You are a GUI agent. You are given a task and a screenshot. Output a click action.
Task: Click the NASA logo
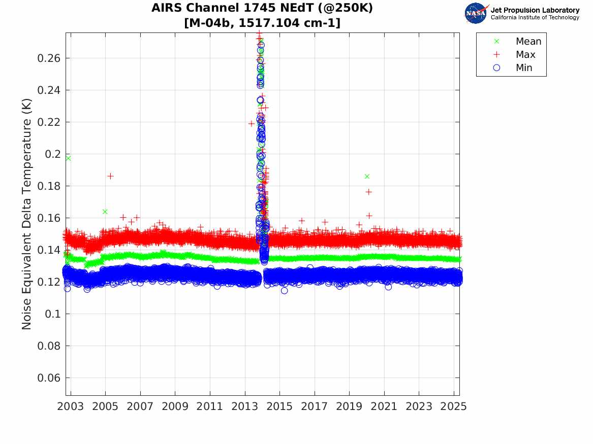tap(476, 13)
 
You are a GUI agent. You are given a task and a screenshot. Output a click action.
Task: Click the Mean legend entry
tap(528, 42)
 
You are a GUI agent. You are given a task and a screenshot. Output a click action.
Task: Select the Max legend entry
tap(525, 55)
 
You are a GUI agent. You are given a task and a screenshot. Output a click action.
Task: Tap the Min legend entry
tap(524, 68)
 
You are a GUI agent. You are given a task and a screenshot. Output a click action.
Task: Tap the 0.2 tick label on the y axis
tap(53, 154)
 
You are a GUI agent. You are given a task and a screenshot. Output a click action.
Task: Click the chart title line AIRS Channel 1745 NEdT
tap(262, 9)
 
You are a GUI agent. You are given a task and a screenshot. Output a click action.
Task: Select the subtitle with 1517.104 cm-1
tap(262, 23)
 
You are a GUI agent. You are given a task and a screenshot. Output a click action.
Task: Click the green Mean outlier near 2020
tap(367, 176)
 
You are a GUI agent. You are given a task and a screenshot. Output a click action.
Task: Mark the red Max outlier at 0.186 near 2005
tap(110, 176)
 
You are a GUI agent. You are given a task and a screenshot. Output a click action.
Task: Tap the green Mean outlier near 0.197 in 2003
tap(68, 158)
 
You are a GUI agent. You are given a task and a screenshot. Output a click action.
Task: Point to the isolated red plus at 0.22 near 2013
tap(251, 123)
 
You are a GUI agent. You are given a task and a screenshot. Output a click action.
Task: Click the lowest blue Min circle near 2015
tap(284, 291)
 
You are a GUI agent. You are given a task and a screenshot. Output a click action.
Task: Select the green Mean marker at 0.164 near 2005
tap(105, 212)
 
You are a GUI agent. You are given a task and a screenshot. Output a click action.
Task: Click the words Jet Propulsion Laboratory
tap(535, 10)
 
